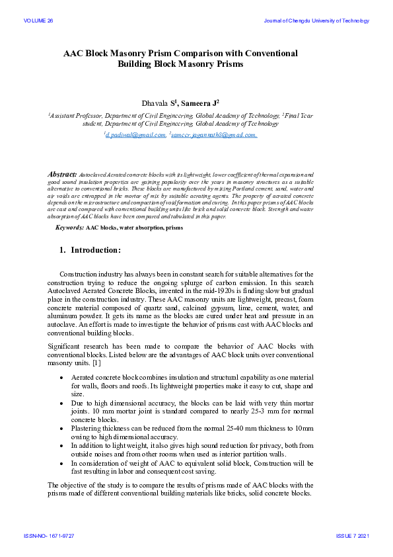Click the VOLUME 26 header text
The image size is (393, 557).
coord(38,21)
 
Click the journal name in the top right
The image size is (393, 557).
coord(316,21)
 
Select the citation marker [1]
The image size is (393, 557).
coord(96,363)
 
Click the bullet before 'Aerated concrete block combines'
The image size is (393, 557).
coord(61,376)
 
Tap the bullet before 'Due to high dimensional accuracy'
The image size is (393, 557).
coord(61,402)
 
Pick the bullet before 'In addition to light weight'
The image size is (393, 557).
coord(61,446)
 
